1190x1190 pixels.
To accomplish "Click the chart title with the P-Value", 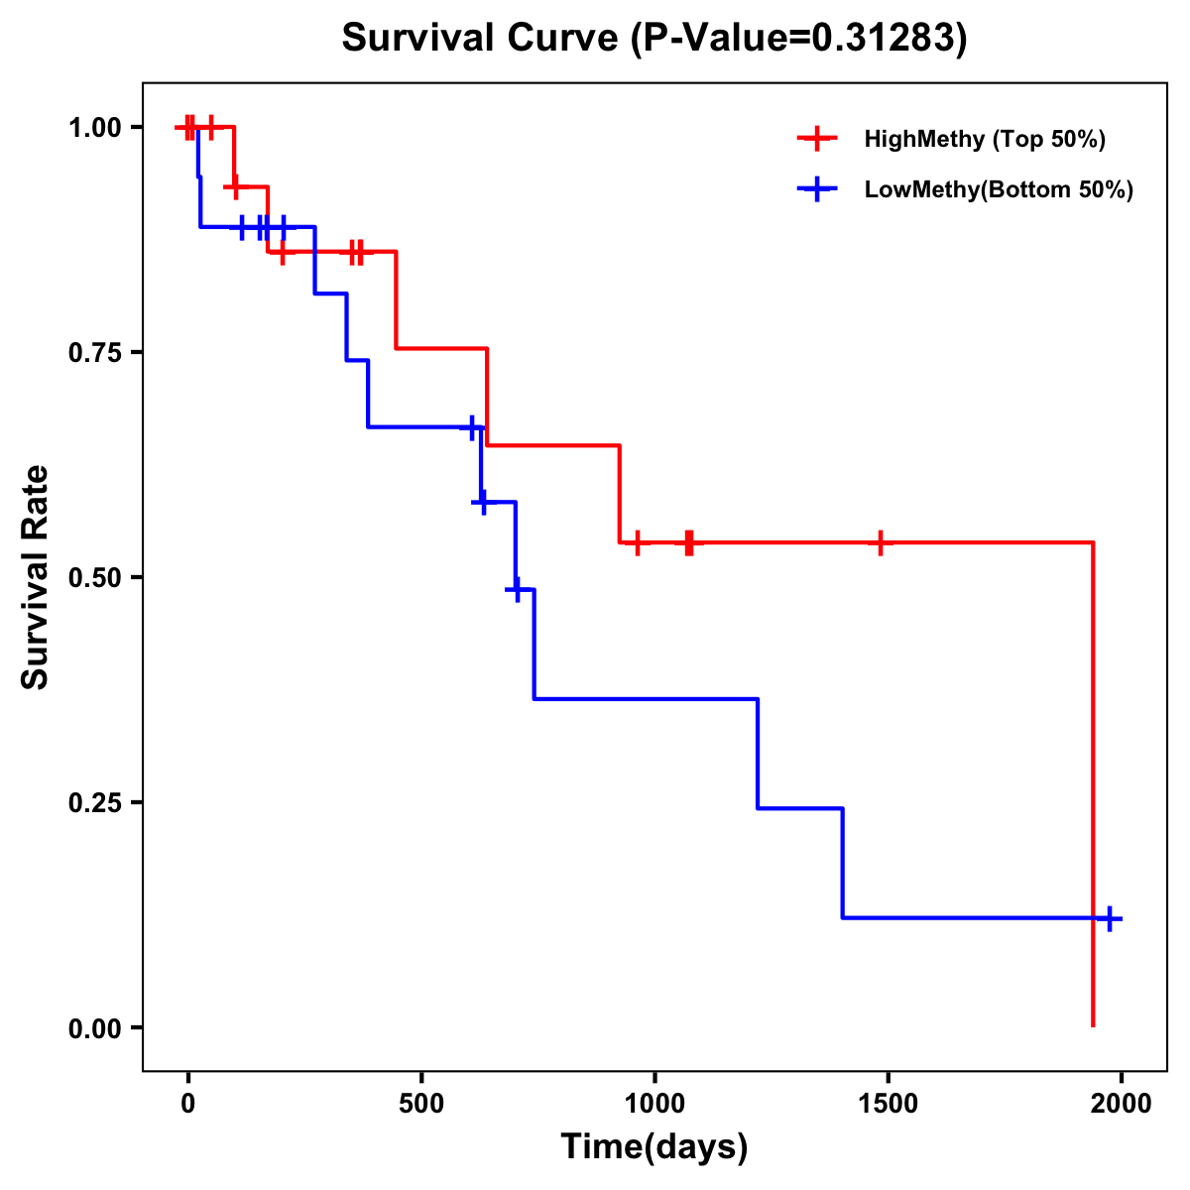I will point(654,39).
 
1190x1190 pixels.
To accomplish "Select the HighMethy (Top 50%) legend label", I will point(984,139).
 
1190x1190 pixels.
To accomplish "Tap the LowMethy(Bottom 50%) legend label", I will point(999,189).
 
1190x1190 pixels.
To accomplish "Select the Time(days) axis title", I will point(654,1147).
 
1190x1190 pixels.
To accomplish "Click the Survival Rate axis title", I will point(36,577).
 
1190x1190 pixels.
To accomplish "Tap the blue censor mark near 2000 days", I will point(1110,918).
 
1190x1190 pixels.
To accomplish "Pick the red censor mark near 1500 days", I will point(880,542).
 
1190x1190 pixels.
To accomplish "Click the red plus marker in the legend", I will point(817,139).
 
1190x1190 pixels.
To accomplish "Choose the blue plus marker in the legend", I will point(817,189).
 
